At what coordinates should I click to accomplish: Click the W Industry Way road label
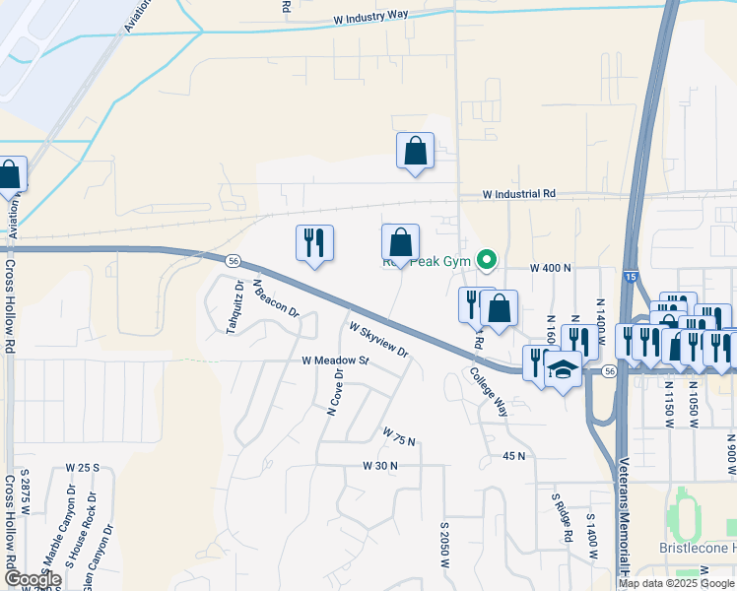pyautogui.click(x=370, y=18)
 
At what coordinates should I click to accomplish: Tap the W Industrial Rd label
pyautogui.click(x=519, y=195)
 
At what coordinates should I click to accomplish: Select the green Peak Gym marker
pyautogui.click(x=485, y=261)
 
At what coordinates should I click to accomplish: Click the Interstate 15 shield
pyautogui.click(x=629, y=278)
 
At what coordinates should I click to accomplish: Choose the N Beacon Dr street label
pyautogui.click(x=275, y=296)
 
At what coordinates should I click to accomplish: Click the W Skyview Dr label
pyautogui.click(x=378, y=338)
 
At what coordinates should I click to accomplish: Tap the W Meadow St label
pyautogui.click(x=334, y=361)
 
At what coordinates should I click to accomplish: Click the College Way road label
pyautogui.click(x=488, y=391)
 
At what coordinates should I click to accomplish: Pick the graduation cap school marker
pyautogui.click(x=563, y=370)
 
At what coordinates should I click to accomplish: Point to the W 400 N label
pyautogui.click(x=551, y=268)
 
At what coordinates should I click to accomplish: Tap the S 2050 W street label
pyautogui.click(x=444, y=547)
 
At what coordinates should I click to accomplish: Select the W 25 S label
pyautogui.click(x=84, y=466)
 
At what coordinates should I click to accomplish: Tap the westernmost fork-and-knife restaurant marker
pyautogui.click(x=314, y=242)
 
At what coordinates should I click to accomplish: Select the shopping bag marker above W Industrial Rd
pyautogui.click(x=415, y=151)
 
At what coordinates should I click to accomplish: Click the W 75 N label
pyautogui.click(x=401, y=435)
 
